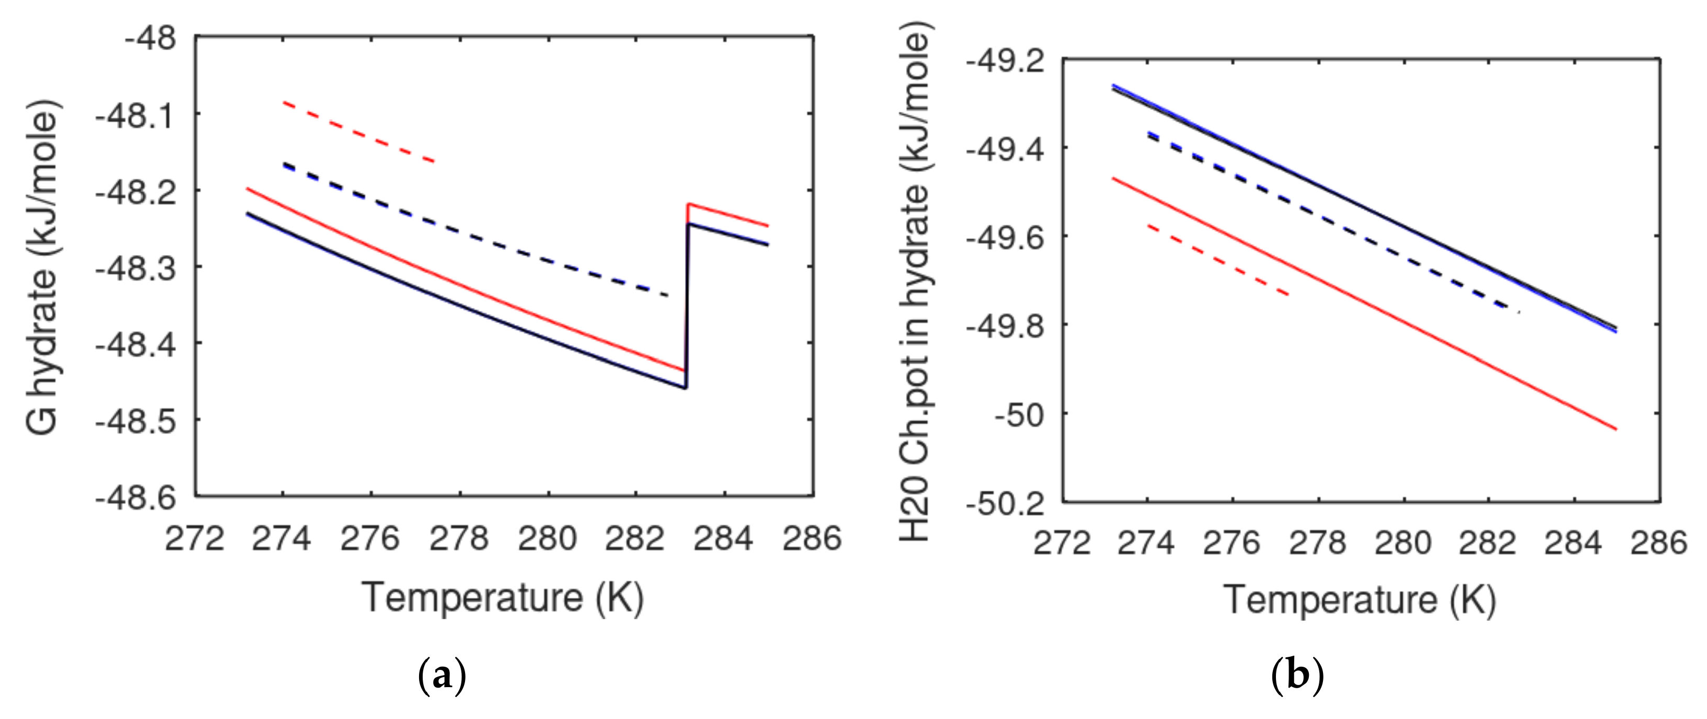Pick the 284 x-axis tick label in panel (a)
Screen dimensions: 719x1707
(723, 538)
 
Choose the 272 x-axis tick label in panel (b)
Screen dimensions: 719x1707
(1062, 543)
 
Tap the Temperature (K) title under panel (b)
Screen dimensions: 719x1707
(1359, 600)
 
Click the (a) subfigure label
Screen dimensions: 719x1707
(443, 676)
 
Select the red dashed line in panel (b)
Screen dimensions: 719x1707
(1218, 260)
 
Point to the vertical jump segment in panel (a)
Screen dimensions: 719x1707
(687, 305)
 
